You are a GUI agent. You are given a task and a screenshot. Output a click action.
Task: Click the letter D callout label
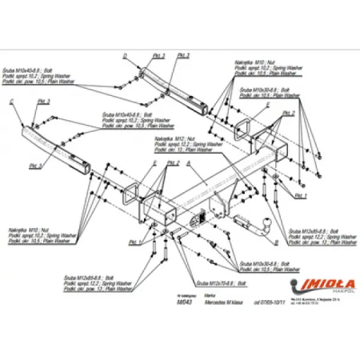[x=125, y=55]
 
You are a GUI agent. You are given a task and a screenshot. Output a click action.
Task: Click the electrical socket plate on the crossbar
[x=198, y=217]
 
